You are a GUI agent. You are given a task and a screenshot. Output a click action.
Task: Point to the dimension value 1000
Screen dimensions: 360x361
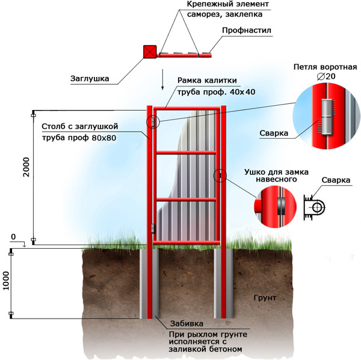pos(6,281)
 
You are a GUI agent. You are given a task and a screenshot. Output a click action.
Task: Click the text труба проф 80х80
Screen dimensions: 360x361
pos(79,138)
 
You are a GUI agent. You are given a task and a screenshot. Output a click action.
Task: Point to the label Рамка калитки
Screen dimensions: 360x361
pos(211,81)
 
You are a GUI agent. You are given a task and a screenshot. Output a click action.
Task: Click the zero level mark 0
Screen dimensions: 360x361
pos(13,237)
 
